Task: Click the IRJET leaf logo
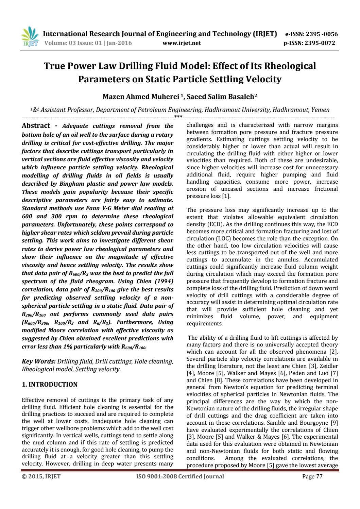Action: (x=30, y=37)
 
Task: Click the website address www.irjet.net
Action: (x=182, y=43)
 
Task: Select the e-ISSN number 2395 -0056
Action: (x=322, y=34)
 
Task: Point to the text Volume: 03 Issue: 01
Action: (x=73, y=43)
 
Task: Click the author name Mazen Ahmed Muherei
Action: (x=141, y=97)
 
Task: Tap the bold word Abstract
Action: (x=36, y=126)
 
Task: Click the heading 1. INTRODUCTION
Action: (x=50, y=385)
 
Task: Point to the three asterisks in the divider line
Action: (x=178, y=117)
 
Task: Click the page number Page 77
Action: (x=312, y=476)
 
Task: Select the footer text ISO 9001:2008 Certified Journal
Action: (x=180, y=476)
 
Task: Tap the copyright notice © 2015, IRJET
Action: (x=41, y=476)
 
